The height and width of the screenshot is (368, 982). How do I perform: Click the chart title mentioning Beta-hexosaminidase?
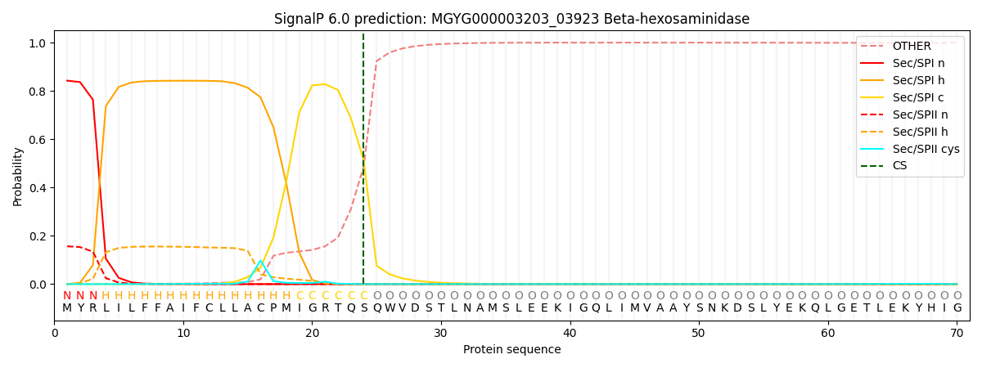point(511,19)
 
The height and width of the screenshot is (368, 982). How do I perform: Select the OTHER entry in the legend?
point(909,46)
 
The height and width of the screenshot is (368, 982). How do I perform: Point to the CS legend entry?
point(899,166)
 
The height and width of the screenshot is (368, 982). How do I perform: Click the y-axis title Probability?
point(18,176)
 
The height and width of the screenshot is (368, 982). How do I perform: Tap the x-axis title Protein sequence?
point(511,350)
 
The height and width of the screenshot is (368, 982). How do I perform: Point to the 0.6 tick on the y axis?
point(38,140)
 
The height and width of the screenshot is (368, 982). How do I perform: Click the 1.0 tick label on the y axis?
point(38,43)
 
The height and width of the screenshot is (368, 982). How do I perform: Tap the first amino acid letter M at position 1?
point(67,308)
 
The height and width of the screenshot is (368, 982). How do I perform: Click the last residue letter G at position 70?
point(957,308)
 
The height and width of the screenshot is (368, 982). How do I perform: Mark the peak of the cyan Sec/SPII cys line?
point(260,261)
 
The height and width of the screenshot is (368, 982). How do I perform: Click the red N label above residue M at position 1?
point(67,296)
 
